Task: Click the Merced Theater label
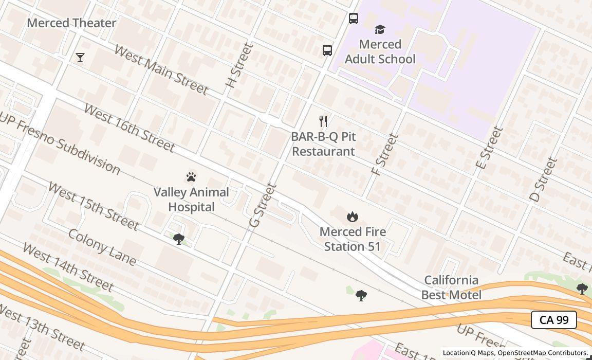pyautogui.click(x=71, y=23)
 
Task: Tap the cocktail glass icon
pyautogui.click(x=80, y=58)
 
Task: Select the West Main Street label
pyautogui.click(x=161, y=69)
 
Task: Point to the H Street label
pyautogui.click(x=240, y=65)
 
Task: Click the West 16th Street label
pyautogui.click(x=129, y=128)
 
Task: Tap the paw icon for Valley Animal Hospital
pyautogui.click(x=191, y=177)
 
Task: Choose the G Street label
pyautogui.click(x=263, y=205)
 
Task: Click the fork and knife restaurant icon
pyautogui.click(x=323, y=121)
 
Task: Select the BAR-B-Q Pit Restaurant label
pyautogui.click(x=323, y=144)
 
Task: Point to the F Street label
pyautogui.click(x=385, y=154)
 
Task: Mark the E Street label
pyautogui.click(x=488, y=148)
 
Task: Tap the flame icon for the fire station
pyautogui.click(x=352, y=217)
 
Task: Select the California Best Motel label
pyautogui.click(x=451, y=287)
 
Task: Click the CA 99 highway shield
pyautogui.click(x=553, y=320)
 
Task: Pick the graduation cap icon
pyautogui.click(x=380, y=29)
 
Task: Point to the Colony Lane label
pyautogui.click(x=102, y=247)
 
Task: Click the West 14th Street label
pyautogui.click(x=67, y=267)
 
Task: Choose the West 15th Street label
pyautogui.click(x=93, y=206)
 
